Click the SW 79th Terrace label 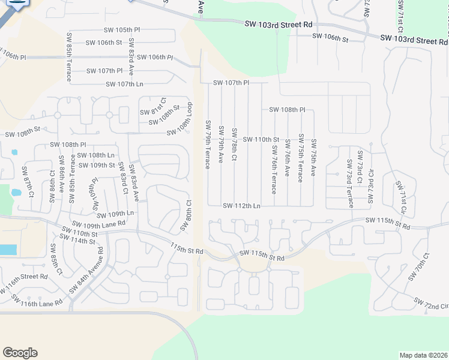pyautogui.click(x=208, y=145)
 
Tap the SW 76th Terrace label pyautogui.click(x=274, y=169)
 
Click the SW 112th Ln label pyautogui.click(x=241, y=206)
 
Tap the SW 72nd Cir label pyautogui.click(x=430, y=303)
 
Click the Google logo pyautogui.click(x=20, y=353)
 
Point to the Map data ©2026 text pyautogui.click(x=423, y=355)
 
